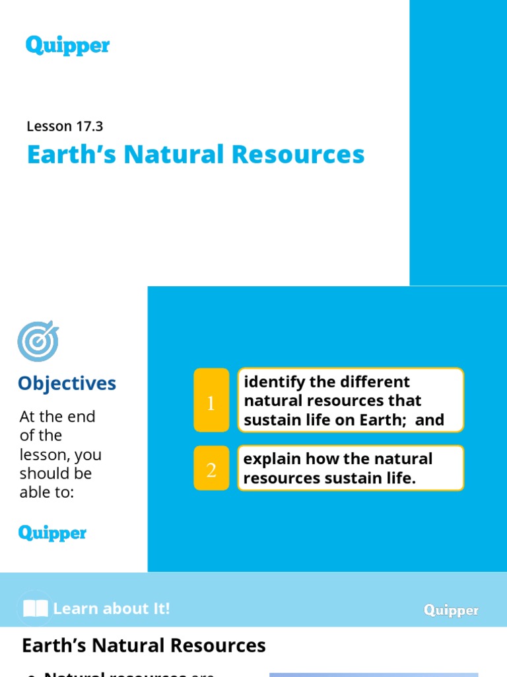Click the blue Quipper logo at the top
67,46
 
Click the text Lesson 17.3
65,126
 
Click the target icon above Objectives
38,342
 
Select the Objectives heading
67,383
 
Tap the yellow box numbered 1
211,401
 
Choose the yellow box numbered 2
211,468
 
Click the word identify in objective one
271,382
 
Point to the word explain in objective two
271,459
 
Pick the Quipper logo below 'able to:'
52,533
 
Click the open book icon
35,608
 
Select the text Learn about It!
112,608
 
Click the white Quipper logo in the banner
451,610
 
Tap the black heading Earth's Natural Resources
144,645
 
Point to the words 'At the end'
57,417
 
